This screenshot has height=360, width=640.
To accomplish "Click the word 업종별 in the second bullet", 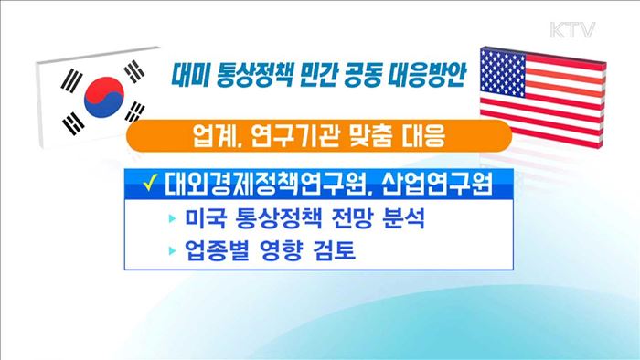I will [x=217, y=251].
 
